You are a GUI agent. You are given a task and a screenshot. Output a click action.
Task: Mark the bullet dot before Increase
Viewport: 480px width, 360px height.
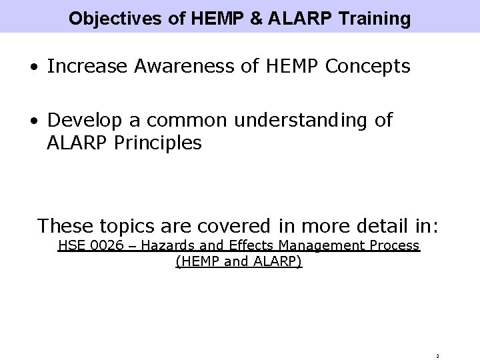point(33,67)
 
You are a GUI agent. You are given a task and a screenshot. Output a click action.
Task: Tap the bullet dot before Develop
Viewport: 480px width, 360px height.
point(33,121)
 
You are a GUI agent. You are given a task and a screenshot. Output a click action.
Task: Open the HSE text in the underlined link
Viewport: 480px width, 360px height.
point(71,246)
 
